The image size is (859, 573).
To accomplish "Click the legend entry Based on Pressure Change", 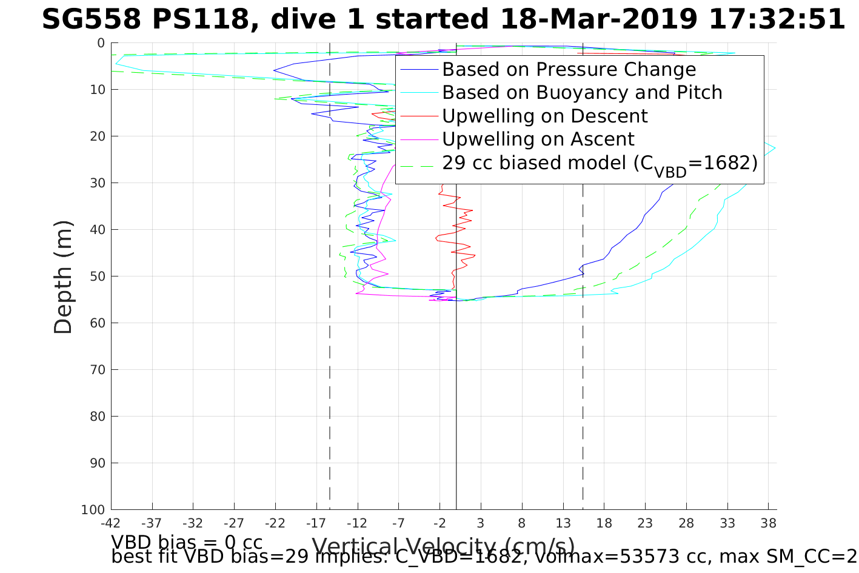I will click(569, 70).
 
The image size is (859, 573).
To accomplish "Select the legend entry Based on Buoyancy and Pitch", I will click(582, 93).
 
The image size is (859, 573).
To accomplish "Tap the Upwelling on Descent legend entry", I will click(544, 116).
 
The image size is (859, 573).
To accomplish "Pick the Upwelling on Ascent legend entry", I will click(538, 139).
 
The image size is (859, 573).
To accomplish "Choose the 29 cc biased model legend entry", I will click(600, 163).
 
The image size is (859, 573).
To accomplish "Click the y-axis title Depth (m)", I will click(63, 276).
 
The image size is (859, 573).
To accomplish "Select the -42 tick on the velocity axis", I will click(110, 522).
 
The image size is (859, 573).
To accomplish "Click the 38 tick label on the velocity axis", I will click(768, 522).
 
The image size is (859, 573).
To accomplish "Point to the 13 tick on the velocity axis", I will click(563, 522).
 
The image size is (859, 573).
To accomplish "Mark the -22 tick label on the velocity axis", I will click(275, 522).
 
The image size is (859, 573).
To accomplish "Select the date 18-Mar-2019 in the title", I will click(599, 20).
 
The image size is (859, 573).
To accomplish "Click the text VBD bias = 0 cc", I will click(187, 541).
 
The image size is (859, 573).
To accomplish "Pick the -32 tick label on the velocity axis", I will click(193, 522).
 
